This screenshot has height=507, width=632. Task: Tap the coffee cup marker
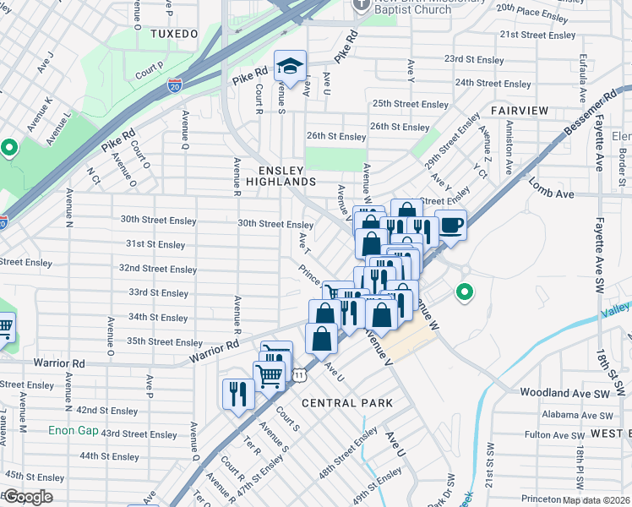(x=450, y=226)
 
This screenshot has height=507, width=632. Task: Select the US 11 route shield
(x=299, y=373)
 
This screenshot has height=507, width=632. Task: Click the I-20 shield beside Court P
(x=174, y=85)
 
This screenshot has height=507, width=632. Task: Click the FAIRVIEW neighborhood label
(x=520, y=112)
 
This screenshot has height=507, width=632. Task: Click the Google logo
(x=29, y=497)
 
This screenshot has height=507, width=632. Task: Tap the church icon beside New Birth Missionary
(x=361, y=4)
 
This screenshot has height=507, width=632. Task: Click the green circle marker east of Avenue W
(x=463, y=293)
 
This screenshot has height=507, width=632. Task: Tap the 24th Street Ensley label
(x=493, y=84)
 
